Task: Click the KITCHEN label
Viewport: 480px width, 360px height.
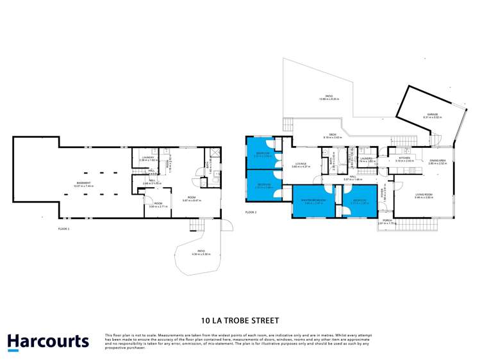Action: click(404, 158)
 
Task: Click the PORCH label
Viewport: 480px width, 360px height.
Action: click(387, 220)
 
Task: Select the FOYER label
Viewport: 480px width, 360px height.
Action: click(382, 192)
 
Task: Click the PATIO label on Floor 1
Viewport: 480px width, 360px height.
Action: click(201, 252)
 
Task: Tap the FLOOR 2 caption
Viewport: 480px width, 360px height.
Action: click(251, 212)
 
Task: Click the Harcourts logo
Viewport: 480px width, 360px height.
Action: click(48, 341)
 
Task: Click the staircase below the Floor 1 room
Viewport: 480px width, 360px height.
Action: click(190, 224)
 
